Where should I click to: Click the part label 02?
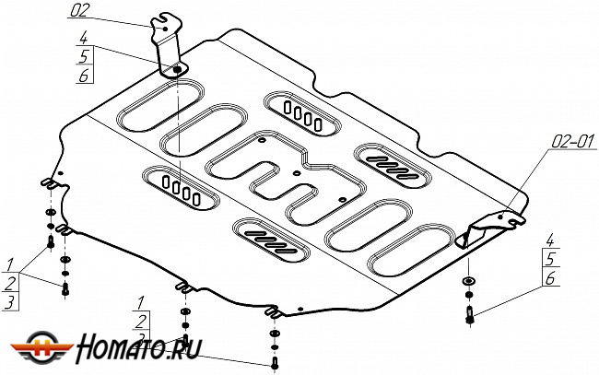click(x=79, y=11)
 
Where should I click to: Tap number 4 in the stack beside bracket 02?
click(x=83, y=40)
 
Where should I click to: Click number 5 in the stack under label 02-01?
click(x=548, y=259)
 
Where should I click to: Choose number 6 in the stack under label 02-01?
click(x=548, y=277)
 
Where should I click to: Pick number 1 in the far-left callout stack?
click(x=10, y=263)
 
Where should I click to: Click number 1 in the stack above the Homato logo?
click(x=139, y=302)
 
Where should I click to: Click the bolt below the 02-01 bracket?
click(x=470, y=314)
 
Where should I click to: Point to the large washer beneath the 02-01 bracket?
click(x=469, y=281)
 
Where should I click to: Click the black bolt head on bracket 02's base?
click(x=176, y=70)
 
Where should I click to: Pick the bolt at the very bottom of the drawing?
click(x=274, y=364)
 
